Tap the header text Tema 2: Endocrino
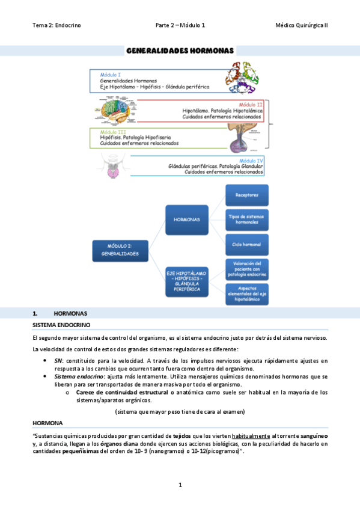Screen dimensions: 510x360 56,25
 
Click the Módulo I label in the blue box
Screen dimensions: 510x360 110,74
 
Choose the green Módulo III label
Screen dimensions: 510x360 113,132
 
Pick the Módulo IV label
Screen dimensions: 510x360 251,161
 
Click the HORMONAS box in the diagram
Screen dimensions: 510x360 187,220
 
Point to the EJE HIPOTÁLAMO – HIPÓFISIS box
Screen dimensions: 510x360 187,280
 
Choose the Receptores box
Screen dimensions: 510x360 246,195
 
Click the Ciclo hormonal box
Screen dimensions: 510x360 246,244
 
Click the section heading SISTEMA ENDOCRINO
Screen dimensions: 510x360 61,325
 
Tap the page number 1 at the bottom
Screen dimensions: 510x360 180,485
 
